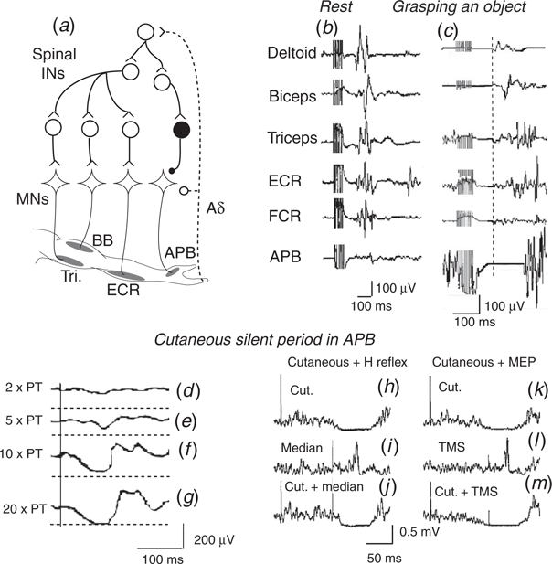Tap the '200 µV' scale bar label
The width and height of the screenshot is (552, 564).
click(211, 540)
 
